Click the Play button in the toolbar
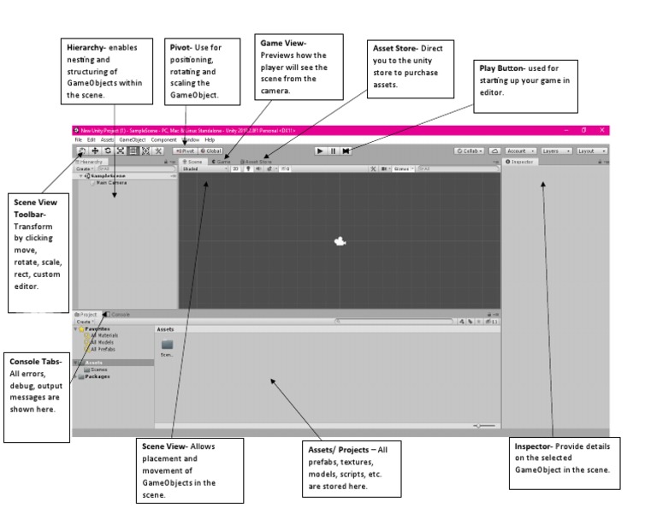click(319, 151)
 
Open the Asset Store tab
click(256, 161)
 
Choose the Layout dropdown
click(591, 151)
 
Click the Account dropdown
click(520, 151)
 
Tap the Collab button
click(470, 151)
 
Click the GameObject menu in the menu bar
click(133, 139)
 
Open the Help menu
click(210, 139)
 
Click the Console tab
click(120, 314)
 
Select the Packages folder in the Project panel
click(98, 375)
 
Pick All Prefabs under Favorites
click(104, 349)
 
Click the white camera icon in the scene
click(340, 241)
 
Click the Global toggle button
click(210, 151)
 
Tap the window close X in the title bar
click(602, 130)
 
